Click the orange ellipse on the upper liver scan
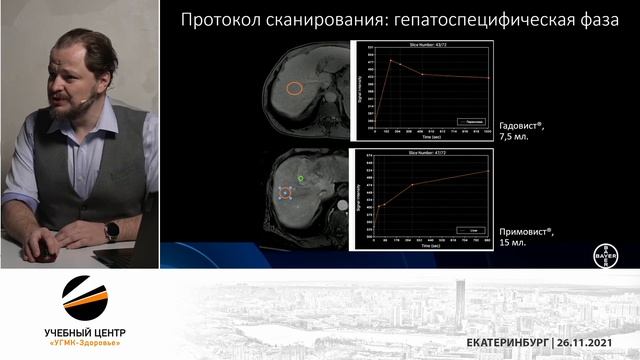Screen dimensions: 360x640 (294, 88)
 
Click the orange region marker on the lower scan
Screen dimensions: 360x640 (286, 194)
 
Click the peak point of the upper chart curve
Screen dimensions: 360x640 (391, 60)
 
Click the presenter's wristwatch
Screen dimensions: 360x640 (112, 229)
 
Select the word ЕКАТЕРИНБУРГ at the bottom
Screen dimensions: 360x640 (507, 343)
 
